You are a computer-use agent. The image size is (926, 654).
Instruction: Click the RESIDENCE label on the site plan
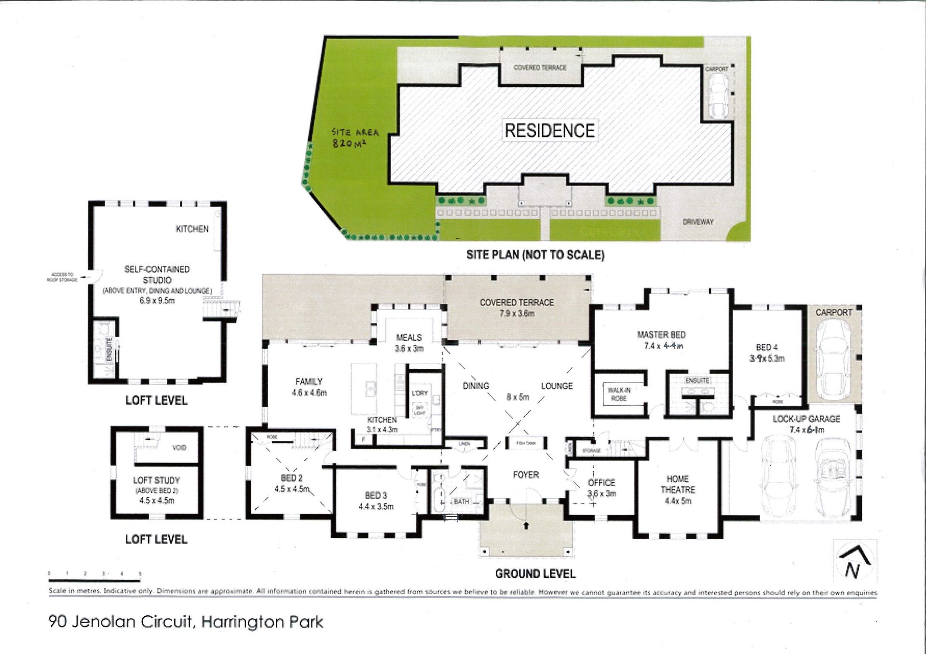pyautogui.click(x=549, y=130)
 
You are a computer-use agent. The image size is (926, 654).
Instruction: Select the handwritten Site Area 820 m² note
pyautogui.click(x=354, y=137)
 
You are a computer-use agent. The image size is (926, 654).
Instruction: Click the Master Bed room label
pyautogui.click(x=661, y=335)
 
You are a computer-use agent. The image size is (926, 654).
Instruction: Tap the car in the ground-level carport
pyautogui.click(x=832, y=356)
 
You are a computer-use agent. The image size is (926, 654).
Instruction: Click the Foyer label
pyautogui.click(x=526, y=475)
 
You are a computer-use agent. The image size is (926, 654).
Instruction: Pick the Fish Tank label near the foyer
pyautogui.click(x=526, y=443)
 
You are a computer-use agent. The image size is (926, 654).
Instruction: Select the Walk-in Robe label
pyautogui.click(x=619, y=394)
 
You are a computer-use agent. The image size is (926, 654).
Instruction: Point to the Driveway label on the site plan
pyautogui.click(x=698, y=222)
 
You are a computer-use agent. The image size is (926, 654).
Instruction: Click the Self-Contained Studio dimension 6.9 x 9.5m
pyautogui.click(x=157, y=300)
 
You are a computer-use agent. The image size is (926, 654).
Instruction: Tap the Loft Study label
pyautogui.click(x=156, y=480)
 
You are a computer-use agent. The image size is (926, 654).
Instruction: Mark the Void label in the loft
pyautogui.click(x=179, y=448)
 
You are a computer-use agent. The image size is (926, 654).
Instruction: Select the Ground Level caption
pyautogui.click(x=535, y=573)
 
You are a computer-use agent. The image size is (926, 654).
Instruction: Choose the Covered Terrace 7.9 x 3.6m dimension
pyautogui.click(x=517, y=313)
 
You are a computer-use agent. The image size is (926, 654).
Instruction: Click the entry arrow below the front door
pyautogui.click(x=526, y=525)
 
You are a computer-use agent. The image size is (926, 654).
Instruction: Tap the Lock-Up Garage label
pyautogui.click(x=806, y=419)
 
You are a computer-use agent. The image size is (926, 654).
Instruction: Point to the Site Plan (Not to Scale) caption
pyautogui.click(x=535, y=255)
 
